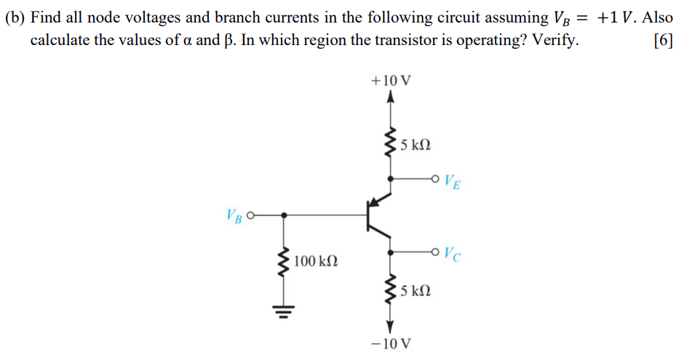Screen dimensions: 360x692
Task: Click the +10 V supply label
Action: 391,81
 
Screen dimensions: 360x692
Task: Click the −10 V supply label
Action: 391,343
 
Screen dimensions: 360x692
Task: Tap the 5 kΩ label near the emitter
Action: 417,145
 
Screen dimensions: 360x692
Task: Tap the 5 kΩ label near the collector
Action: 417,290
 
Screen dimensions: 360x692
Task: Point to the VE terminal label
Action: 451,180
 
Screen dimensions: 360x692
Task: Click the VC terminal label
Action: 452,255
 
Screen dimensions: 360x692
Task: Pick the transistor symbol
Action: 380,215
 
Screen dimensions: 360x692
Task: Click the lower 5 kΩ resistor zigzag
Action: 391,290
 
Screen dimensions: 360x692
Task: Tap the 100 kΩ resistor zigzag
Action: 283,260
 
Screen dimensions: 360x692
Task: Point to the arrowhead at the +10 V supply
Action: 391,98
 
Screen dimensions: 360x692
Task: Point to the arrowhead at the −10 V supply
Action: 391,324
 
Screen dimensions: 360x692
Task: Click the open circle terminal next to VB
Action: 252,215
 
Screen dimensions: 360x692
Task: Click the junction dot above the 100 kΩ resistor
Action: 283,215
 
